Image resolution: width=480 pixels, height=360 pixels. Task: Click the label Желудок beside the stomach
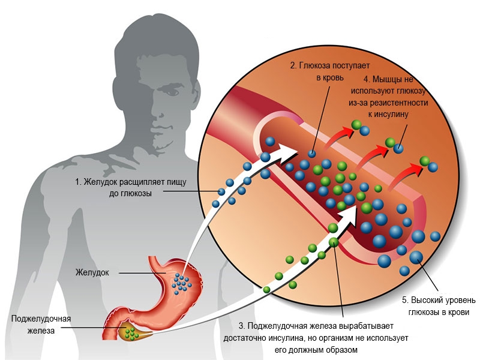(x=92, y=272)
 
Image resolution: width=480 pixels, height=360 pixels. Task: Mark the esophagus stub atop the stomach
(x=157, y=263)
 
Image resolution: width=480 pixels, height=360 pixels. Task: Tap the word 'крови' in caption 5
(x=458, y=312)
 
